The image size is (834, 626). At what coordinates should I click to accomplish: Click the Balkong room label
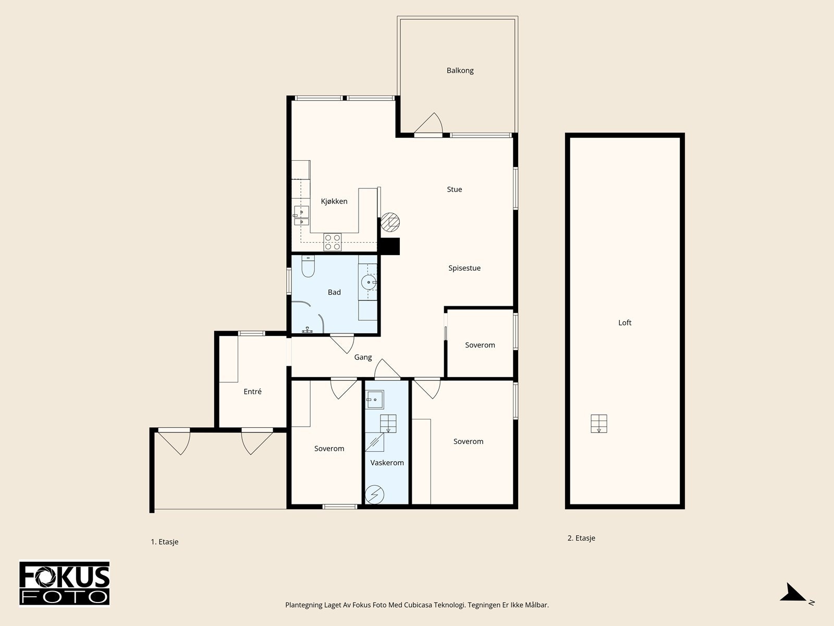point(460,70)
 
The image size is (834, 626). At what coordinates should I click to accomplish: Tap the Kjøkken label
point(334,201)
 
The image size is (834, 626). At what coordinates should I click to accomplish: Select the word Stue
point(455,189)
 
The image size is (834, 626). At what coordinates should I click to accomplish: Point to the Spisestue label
point(464,268)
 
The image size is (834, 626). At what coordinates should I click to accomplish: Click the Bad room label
point(334,292)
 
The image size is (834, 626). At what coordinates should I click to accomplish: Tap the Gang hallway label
point(363,357)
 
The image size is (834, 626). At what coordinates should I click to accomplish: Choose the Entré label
point(252,391)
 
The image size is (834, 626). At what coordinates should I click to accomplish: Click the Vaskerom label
point(387,463)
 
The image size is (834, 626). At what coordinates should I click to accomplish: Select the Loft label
point(624,323)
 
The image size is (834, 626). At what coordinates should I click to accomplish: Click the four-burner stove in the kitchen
point(333,242)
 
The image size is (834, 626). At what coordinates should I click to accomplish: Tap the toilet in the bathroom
point(308,266)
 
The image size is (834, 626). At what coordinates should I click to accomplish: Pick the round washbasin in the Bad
point(369,282)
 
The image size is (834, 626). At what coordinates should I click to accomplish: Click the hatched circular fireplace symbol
point(390,222)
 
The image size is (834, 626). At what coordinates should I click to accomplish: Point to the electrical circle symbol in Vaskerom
point(374,495)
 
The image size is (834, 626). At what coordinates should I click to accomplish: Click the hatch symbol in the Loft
point(599,424)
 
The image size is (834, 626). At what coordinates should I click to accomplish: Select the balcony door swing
point(429,123)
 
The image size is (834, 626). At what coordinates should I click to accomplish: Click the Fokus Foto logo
point(65,583)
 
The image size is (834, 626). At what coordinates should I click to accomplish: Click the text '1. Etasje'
point(165,542)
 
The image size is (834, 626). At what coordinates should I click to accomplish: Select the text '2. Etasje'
point(581,538)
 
